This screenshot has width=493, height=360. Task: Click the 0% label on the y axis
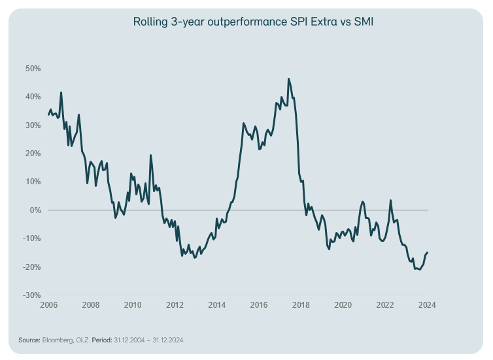coord(36,210)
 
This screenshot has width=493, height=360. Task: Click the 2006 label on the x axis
coord(48,305)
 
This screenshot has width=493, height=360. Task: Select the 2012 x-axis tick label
coord(175,305)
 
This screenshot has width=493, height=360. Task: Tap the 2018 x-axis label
coord(301,305)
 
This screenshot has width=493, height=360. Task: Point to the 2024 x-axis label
coord(427,305)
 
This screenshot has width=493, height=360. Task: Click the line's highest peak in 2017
coord(288,79)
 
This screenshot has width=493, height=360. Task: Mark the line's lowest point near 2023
coord(419,270)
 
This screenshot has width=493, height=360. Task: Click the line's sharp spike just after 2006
coord(61,93)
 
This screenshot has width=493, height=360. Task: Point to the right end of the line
coord(428,252)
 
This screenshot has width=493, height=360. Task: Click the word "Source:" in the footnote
coord(29,340)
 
